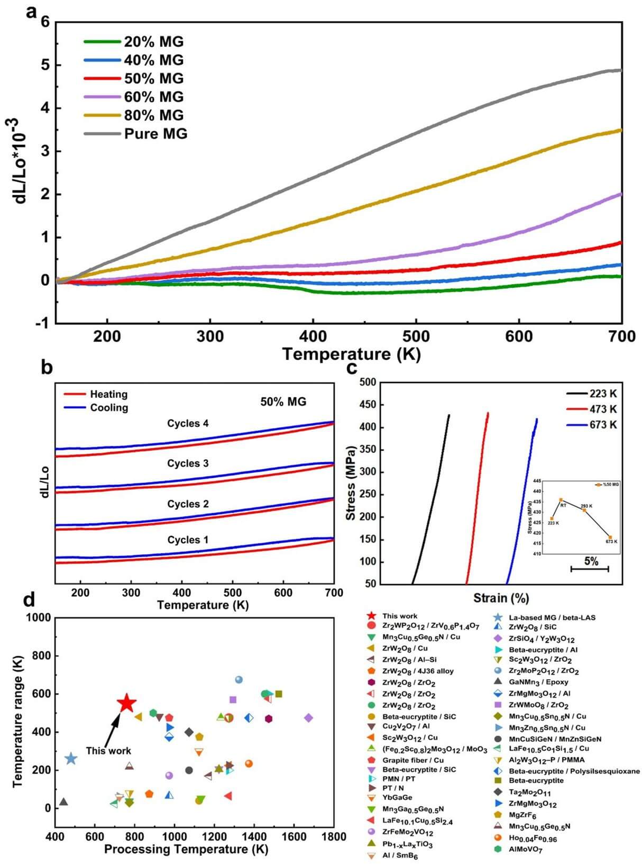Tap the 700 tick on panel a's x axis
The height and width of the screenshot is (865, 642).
[622, 336]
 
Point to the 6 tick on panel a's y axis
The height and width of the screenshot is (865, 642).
[44, 22]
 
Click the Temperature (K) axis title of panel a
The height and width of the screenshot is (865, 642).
[351, 353]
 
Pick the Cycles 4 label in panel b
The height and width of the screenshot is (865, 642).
[188, 423]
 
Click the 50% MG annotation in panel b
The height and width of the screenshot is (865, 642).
[283, 402]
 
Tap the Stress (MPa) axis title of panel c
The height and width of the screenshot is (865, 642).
[351, 482]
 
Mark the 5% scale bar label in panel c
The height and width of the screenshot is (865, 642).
[591, 561]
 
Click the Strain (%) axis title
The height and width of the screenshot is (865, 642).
[501, 598]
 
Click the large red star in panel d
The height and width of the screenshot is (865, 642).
[126, 704]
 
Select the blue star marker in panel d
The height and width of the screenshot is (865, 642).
[71, 759]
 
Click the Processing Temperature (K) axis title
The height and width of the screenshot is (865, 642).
[186, 849]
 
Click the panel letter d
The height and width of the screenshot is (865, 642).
[29, 599]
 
